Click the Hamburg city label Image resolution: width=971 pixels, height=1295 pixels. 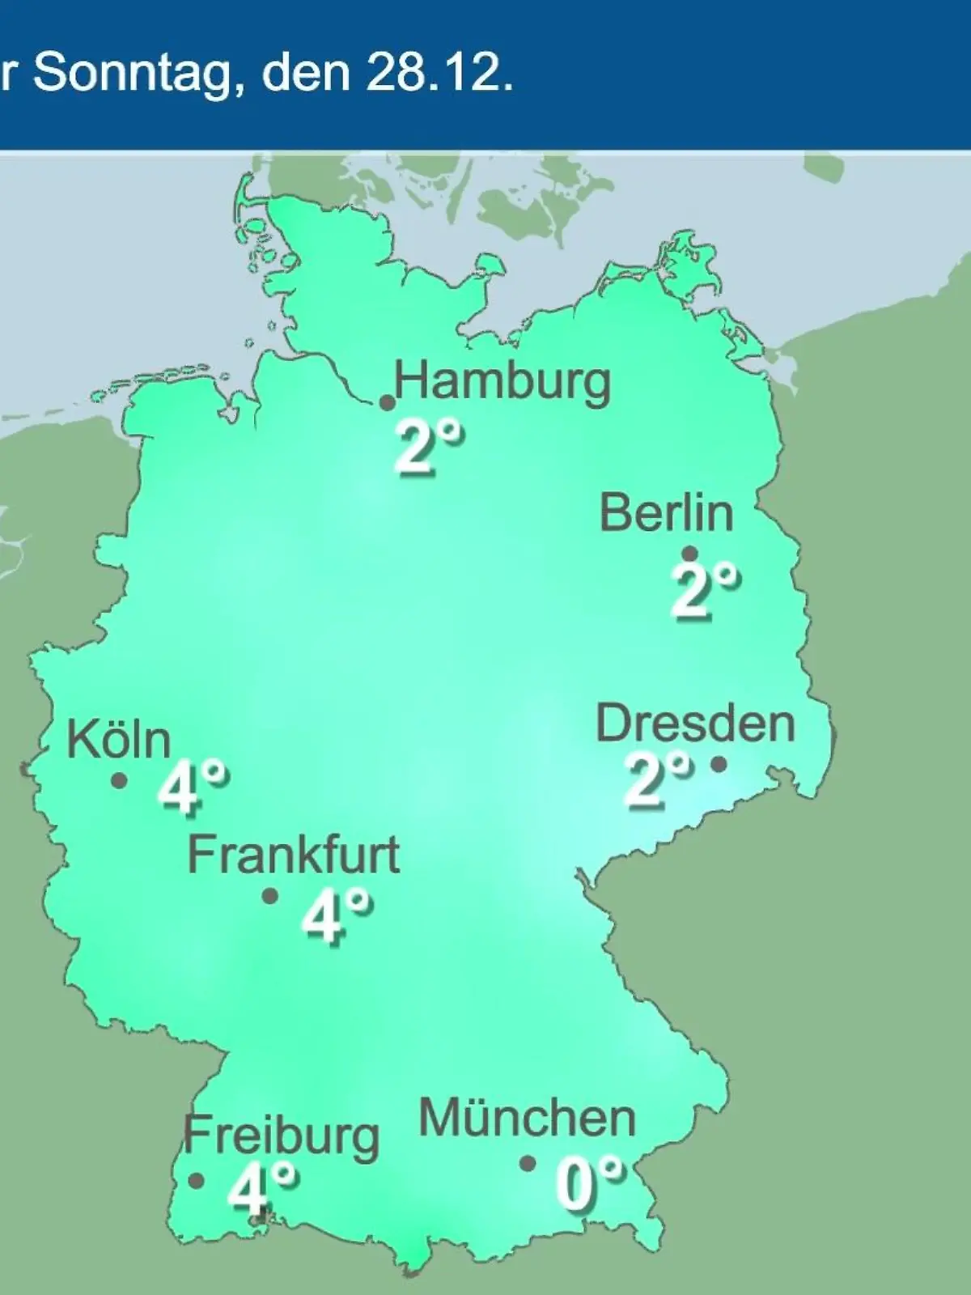[502, 382]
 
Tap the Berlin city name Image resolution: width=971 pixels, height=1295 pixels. [667, 513]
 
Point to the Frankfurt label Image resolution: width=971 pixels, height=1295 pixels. [294, 855]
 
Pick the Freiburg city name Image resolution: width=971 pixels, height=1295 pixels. [282, 1136]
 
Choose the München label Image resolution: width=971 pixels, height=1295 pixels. [528, 1119]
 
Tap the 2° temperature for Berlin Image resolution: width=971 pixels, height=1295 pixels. [705, 592]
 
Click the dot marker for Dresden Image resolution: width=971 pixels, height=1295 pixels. [719, 763]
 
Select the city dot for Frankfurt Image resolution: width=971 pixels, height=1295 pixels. [270, 896]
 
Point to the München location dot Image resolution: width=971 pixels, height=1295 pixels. [528, 1164]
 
